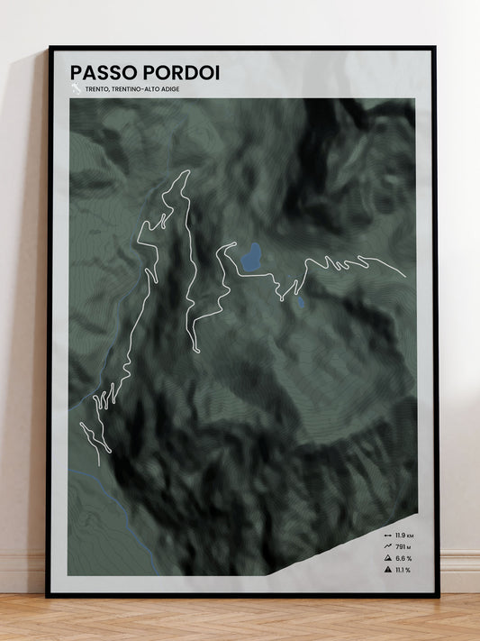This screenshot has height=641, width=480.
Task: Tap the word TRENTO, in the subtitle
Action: (x=97, y=88)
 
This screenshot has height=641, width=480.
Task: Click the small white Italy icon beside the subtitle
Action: (x=76, y=88)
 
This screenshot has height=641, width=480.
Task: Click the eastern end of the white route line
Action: (x=405, y=275)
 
